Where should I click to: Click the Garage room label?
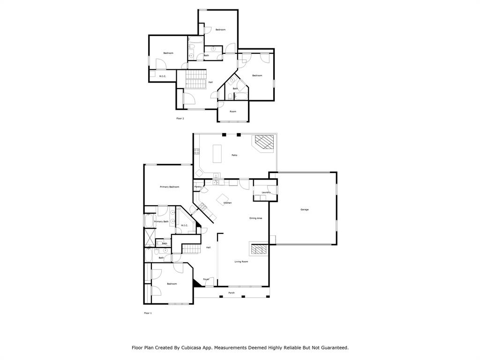click(x=304, y=210)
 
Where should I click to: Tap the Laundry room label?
click(x=266, y=192)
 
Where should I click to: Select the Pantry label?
click(x=198, y=187)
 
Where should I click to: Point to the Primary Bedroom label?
click(x=169, y=187)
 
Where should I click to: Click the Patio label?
click(x=234, y=155)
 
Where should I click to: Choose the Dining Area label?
click(x=255, y=218)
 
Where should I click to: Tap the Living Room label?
click(x=241, y=262)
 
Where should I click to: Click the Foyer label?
click(x=206, y=279)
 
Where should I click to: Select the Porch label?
click(x=232, y=293)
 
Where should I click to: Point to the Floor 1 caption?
click(x=148, y=313)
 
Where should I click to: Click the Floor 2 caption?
click(x=180, y=119)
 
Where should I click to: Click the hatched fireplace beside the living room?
click(x=259, y=249)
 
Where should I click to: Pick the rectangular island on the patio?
click(x=217, y=153)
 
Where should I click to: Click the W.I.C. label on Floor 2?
click(x=163, y=76)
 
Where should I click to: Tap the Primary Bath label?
click(x=161, y=221)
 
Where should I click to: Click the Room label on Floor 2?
click(x=233, y=112)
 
